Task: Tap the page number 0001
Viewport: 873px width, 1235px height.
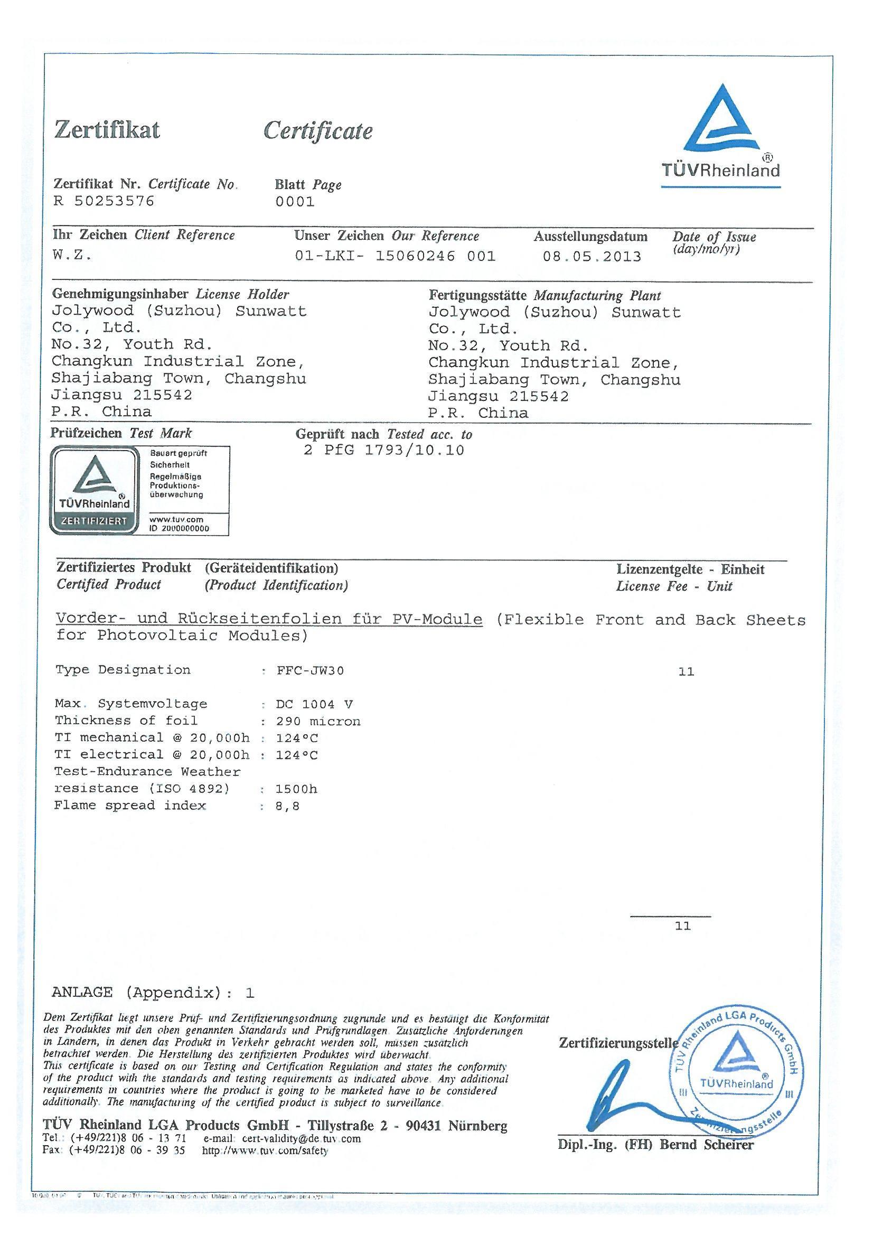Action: (295, 202)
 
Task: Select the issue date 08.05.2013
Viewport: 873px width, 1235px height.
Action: (592, 257)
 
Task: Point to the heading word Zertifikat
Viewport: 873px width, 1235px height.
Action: (108, 130)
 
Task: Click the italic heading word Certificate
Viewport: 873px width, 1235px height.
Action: (318, 131)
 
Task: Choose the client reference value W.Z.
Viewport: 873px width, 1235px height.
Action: (72, 255)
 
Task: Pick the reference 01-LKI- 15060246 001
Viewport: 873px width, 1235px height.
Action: (395, 256)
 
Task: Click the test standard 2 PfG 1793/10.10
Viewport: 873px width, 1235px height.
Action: (383, 450)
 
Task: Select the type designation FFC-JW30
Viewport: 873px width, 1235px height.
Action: (310, 671)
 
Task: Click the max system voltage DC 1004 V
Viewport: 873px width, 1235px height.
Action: (314, 705)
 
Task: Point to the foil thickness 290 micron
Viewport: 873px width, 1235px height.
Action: (318, 722)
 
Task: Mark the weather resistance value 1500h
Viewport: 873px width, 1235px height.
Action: (296, 789)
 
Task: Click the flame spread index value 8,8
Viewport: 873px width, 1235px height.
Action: (288, 806)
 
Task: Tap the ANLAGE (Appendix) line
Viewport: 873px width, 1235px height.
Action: (153, 993)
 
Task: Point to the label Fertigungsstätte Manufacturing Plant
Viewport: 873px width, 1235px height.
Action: (545, 295)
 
